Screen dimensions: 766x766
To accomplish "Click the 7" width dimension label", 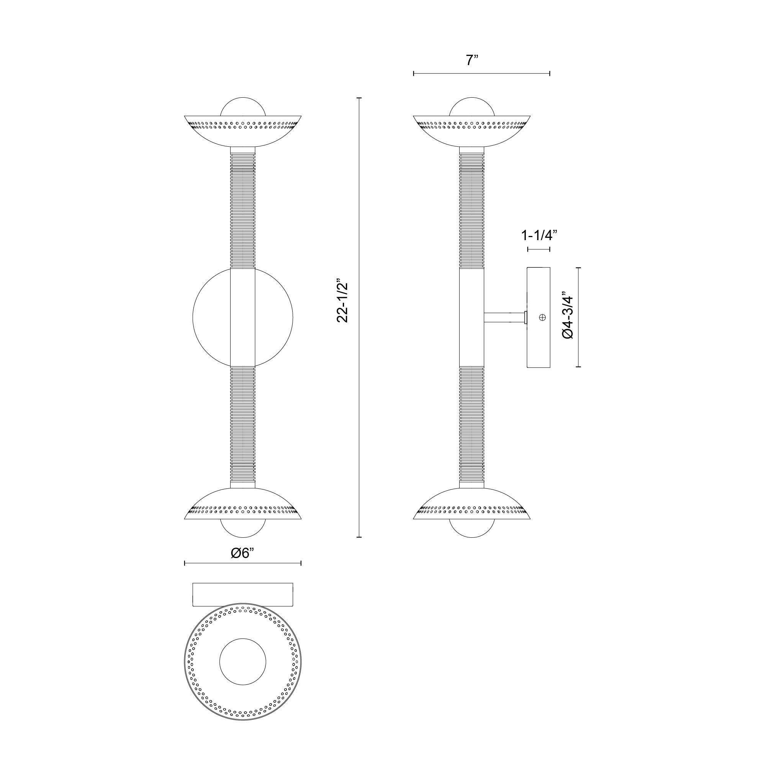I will click(x=472, y=60).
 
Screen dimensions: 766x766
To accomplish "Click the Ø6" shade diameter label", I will click(x=242, y=553).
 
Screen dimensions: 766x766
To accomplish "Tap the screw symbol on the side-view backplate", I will click(x=542, y=317).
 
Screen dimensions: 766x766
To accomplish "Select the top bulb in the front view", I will click(x=243, y=107).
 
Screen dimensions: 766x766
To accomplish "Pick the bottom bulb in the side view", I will click(x=472, y=529).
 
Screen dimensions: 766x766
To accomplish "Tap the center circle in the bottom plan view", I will click(x=243, y=661).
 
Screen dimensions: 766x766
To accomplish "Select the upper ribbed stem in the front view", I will click(x=243, y=210).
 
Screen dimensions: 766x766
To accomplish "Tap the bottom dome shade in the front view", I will click(x=243, y=506).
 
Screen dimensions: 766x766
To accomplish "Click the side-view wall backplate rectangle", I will click(x=538, y=317).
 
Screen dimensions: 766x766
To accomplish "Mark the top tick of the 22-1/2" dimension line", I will click(x=359, y=98).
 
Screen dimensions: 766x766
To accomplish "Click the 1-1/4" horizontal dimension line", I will click(x=538, y=249).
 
